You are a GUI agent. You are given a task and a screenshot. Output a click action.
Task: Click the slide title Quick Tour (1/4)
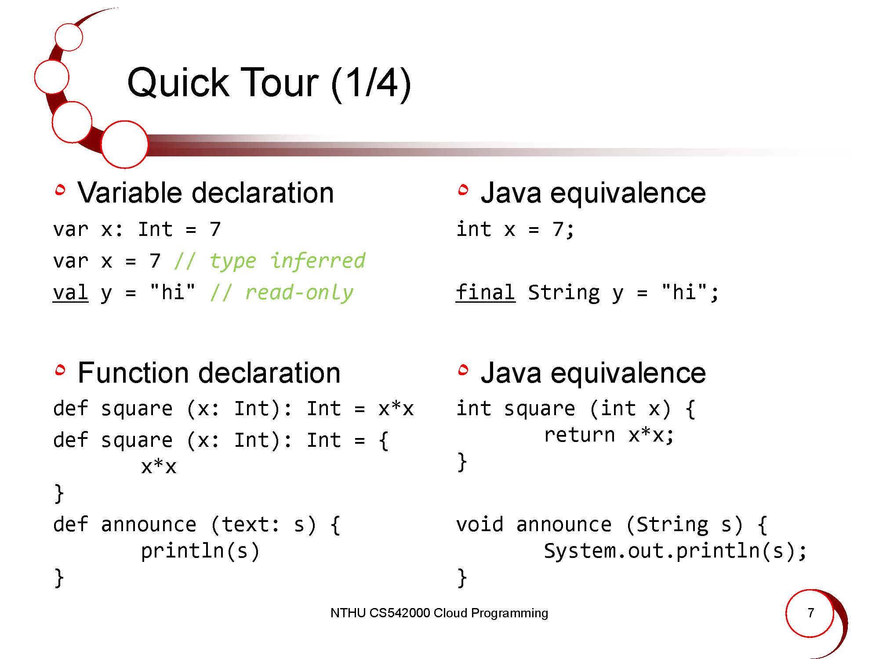[x=269, y=83]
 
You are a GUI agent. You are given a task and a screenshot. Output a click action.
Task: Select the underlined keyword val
[x=70, y=293]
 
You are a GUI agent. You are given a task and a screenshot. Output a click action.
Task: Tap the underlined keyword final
[x=486, y=292]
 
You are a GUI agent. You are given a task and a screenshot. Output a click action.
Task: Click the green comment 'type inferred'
[x=270, y=261]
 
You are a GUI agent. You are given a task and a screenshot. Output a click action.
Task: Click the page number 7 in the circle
[x=811, y=612]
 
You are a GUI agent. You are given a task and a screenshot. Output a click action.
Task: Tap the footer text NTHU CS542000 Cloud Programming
[x=439, y=613]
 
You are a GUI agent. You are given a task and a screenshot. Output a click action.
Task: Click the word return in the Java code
[x=579, y=435]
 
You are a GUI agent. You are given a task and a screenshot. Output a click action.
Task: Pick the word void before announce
[x=479, y=525]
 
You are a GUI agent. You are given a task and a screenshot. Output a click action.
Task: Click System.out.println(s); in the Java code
[x=676, y=551]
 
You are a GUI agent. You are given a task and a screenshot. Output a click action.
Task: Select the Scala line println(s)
[x=200, y=551]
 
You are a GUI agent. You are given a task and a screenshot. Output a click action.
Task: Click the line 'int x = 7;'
[x=515, y=229]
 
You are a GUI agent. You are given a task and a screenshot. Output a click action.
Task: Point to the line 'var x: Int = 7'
[x=137, y=229]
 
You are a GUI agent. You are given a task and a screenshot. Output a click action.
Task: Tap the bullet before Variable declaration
[x=60, y=190]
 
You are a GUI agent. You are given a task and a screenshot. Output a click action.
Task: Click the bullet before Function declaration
[x=60, y=370]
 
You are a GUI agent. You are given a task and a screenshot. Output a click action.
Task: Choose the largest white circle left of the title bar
[x=124, y=145]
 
